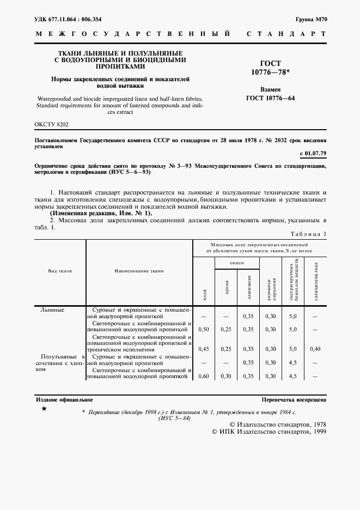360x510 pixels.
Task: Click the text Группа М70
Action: (x=310, y=19)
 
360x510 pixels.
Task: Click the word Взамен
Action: (x=271, y=89)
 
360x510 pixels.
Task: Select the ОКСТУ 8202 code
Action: (x=52, y=125)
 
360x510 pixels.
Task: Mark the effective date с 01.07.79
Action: (x=313, y=154)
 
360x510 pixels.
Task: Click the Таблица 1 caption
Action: (x=308, y=234)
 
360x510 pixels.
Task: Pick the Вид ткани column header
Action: (x=60, y=270)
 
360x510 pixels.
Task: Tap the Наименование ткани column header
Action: (x=139, y=270)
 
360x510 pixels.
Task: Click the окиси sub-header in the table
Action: (x=236, y=262)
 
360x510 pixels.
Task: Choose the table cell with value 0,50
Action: (x=204, y=330)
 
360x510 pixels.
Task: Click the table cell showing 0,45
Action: (x=204, y=349)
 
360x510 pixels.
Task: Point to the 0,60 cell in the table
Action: (x=204, y=376)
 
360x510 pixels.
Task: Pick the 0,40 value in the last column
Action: (x=315, y=349)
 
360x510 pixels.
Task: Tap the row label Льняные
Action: (x=52, y=309)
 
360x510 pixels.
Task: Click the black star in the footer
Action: (x=44, y=408)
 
